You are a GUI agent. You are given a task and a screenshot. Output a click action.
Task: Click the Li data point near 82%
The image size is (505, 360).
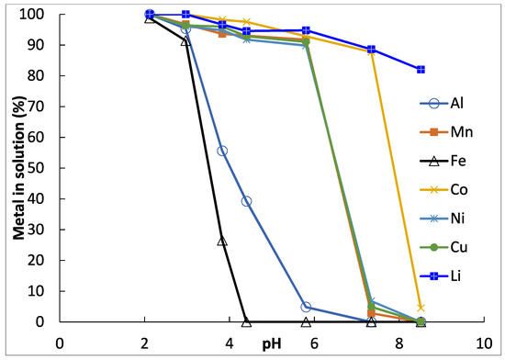point(421,70)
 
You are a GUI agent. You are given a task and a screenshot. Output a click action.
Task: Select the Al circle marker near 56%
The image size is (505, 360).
point(222,151)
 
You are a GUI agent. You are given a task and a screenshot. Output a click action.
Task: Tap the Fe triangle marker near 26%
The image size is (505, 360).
point(222,242)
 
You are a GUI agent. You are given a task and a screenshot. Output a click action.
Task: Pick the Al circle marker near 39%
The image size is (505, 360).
point(246,201)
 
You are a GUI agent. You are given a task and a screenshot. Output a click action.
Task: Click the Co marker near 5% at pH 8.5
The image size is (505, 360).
point(421,307)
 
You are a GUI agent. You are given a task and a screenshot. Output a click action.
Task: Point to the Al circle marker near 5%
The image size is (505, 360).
point(306,307)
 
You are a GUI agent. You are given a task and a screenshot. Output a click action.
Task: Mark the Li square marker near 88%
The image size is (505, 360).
point(371,50)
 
